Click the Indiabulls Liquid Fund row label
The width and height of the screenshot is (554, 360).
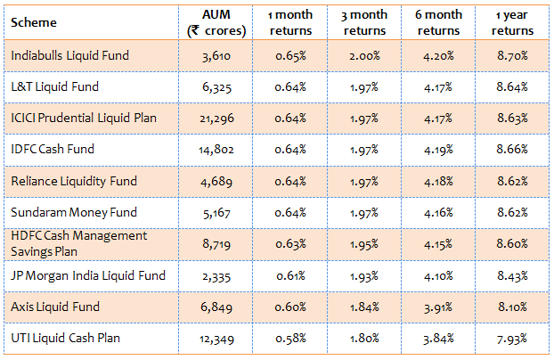coord(69,55)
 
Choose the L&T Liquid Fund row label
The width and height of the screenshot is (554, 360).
coord(54,86)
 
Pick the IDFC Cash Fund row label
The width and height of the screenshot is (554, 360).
coord(53,149)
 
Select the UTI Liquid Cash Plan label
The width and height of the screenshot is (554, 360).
coord(65,338)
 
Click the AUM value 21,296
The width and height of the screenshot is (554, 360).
coord(219,119)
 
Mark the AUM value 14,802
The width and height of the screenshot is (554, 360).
coord(219,150)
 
